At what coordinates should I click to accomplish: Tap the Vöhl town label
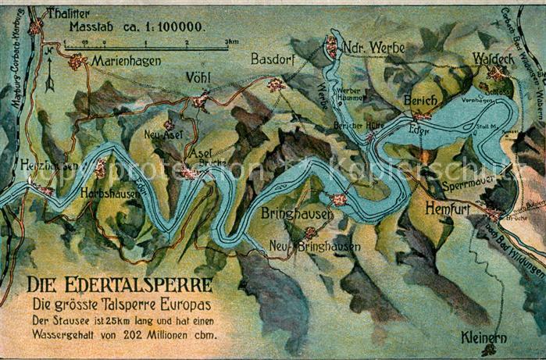pos(199,77)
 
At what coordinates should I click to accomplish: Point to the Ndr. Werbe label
pos(375,48)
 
